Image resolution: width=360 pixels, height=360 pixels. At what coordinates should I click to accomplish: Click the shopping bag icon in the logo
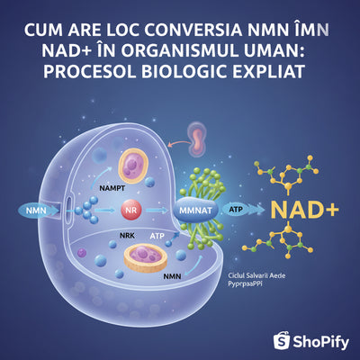281,338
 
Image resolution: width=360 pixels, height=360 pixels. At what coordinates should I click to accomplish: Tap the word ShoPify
320,339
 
